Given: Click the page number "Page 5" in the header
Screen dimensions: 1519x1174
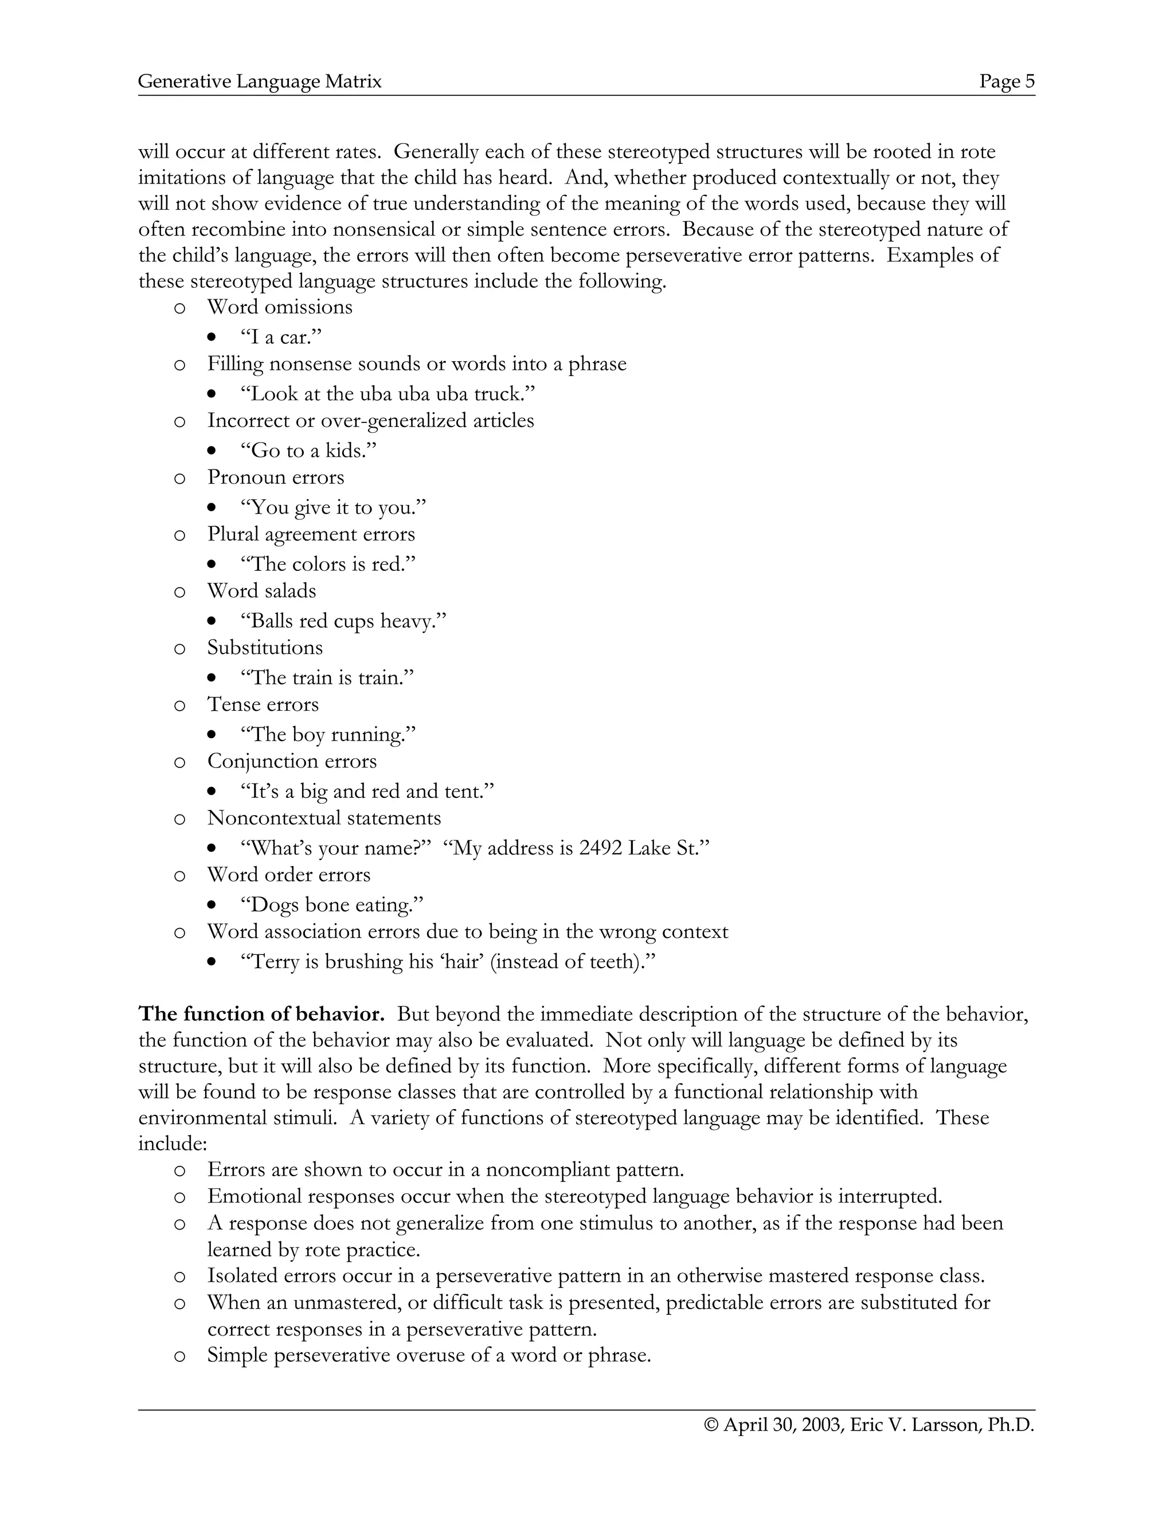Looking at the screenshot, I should tap(1007, 81).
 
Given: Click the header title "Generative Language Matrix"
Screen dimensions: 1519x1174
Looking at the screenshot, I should tap(260, 81).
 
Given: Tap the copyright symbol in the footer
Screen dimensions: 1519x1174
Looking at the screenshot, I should tap(711, 1425).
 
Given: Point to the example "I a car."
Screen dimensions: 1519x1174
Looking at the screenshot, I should tap(281, 337).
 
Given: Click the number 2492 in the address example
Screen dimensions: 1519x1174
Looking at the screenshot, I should tap(600, 848).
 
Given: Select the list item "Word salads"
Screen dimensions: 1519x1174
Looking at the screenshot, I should tap(261, 591).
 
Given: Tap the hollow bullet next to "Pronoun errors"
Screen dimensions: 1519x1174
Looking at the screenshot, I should tap(179, 479).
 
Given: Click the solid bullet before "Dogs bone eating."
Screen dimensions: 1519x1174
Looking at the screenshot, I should tap(212, 906).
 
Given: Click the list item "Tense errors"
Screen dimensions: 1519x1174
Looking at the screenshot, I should tap(263, 704).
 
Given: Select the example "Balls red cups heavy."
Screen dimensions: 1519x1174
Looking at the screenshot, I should tap(343, 621).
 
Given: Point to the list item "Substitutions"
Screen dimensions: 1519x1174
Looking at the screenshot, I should tap(265, 648).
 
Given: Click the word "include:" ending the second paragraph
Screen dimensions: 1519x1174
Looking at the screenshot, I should tap(173, 1144).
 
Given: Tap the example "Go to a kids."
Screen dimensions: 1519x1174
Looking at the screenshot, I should tap(308, 451).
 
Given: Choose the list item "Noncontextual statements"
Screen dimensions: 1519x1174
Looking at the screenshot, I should tap(324, 818).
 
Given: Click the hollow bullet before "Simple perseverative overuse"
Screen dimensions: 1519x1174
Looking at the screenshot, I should tap(179, 1357).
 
